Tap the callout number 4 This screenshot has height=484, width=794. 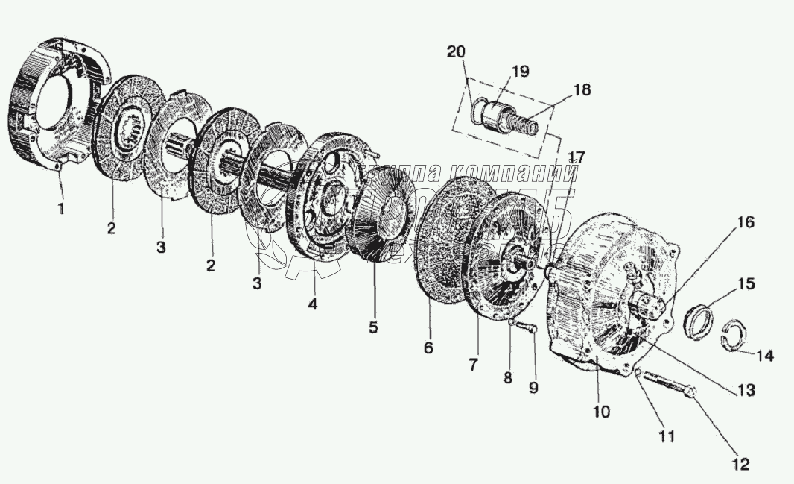(313, 304)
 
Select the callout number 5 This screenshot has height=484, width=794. (372, 326)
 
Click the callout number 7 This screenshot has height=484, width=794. (474, 364)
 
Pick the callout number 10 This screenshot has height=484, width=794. (601, 410)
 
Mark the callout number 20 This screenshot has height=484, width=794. (456, 52)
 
